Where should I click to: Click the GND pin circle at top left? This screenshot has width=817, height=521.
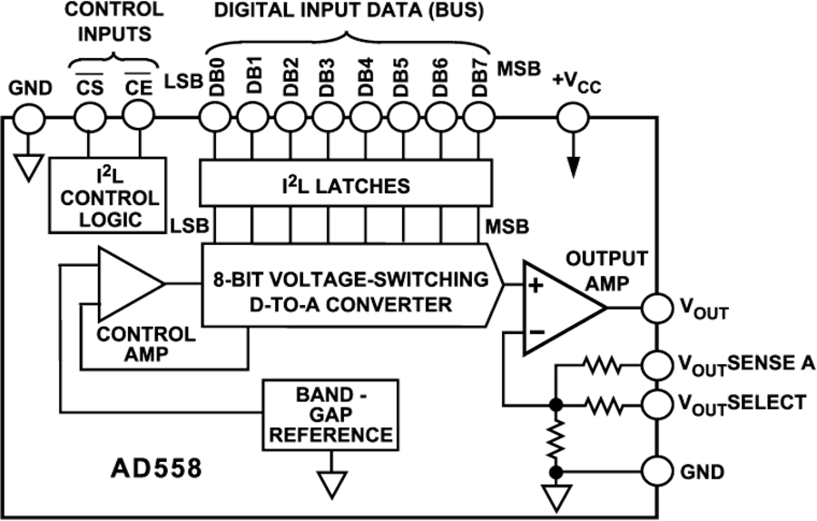click(28, 117)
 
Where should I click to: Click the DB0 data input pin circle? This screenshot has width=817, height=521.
click(215, 117)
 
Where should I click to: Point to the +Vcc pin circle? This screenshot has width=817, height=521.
click(571, 117)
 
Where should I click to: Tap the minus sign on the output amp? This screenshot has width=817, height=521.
click(536, 333)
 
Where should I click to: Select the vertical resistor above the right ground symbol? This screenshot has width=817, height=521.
click(556, 437)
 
